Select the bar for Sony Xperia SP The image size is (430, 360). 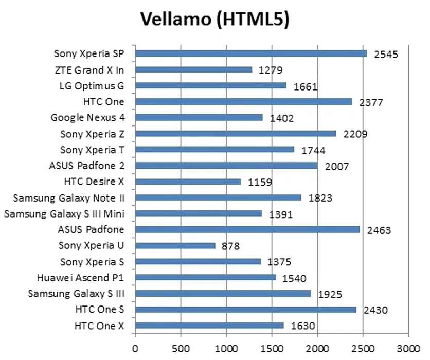251,53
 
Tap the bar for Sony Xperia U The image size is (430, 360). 175,245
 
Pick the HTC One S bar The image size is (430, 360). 246,310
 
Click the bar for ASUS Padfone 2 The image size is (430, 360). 227,166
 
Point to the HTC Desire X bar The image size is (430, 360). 188,182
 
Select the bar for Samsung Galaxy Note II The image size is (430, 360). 219,197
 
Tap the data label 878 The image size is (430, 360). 230,246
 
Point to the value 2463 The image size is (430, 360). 379,230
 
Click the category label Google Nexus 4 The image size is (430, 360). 87,118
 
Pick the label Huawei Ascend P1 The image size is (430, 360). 81,278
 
